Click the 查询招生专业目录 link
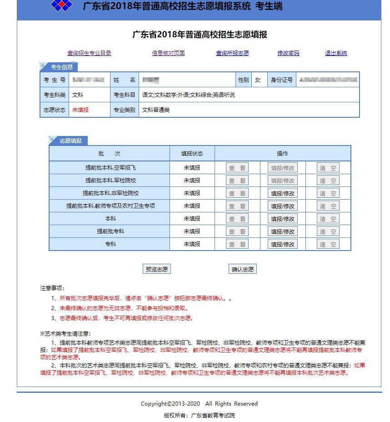89,53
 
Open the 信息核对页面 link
168,53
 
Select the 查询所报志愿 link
232,53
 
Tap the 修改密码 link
288,53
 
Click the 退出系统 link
336,53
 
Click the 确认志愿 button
243,269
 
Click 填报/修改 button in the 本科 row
282,219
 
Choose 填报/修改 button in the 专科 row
282,244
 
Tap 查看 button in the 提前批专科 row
237,231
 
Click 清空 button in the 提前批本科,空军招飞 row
328,168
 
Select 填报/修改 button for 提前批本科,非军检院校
282,193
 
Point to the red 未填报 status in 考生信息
80,110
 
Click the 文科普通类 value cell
156,110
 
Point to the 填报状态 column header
192,154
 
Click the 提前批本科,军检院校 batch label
110,181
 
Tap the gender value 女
258,80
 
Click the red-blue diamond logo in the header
62,6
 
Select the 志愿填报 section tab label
70,141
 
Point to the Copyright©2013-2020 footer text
199,404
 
